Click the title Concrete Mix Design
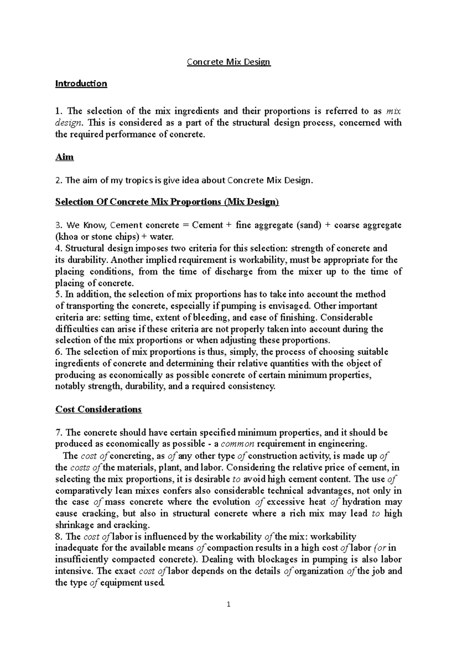pyautogui.click(x=228, y=62)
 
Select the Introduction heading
pyautogui.click(x=81, y=83)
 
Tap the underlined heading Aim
pyautogui.click(x=64, y=157)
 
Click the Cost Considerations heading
pyautogui.click(x=98, y=409)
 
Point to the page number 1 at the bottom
pyautogui.click(x=228, y=604)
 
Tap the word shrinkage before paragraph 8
pyautogui.click(x=75, y=525)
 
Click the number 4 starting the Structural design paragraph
pyautogui.click(x=58, y=248)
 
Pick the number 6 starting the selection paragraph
pyautogui.click(x=58, y=352)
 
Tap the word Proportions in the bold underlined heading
pyautogui.click(x=195, y=202)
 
